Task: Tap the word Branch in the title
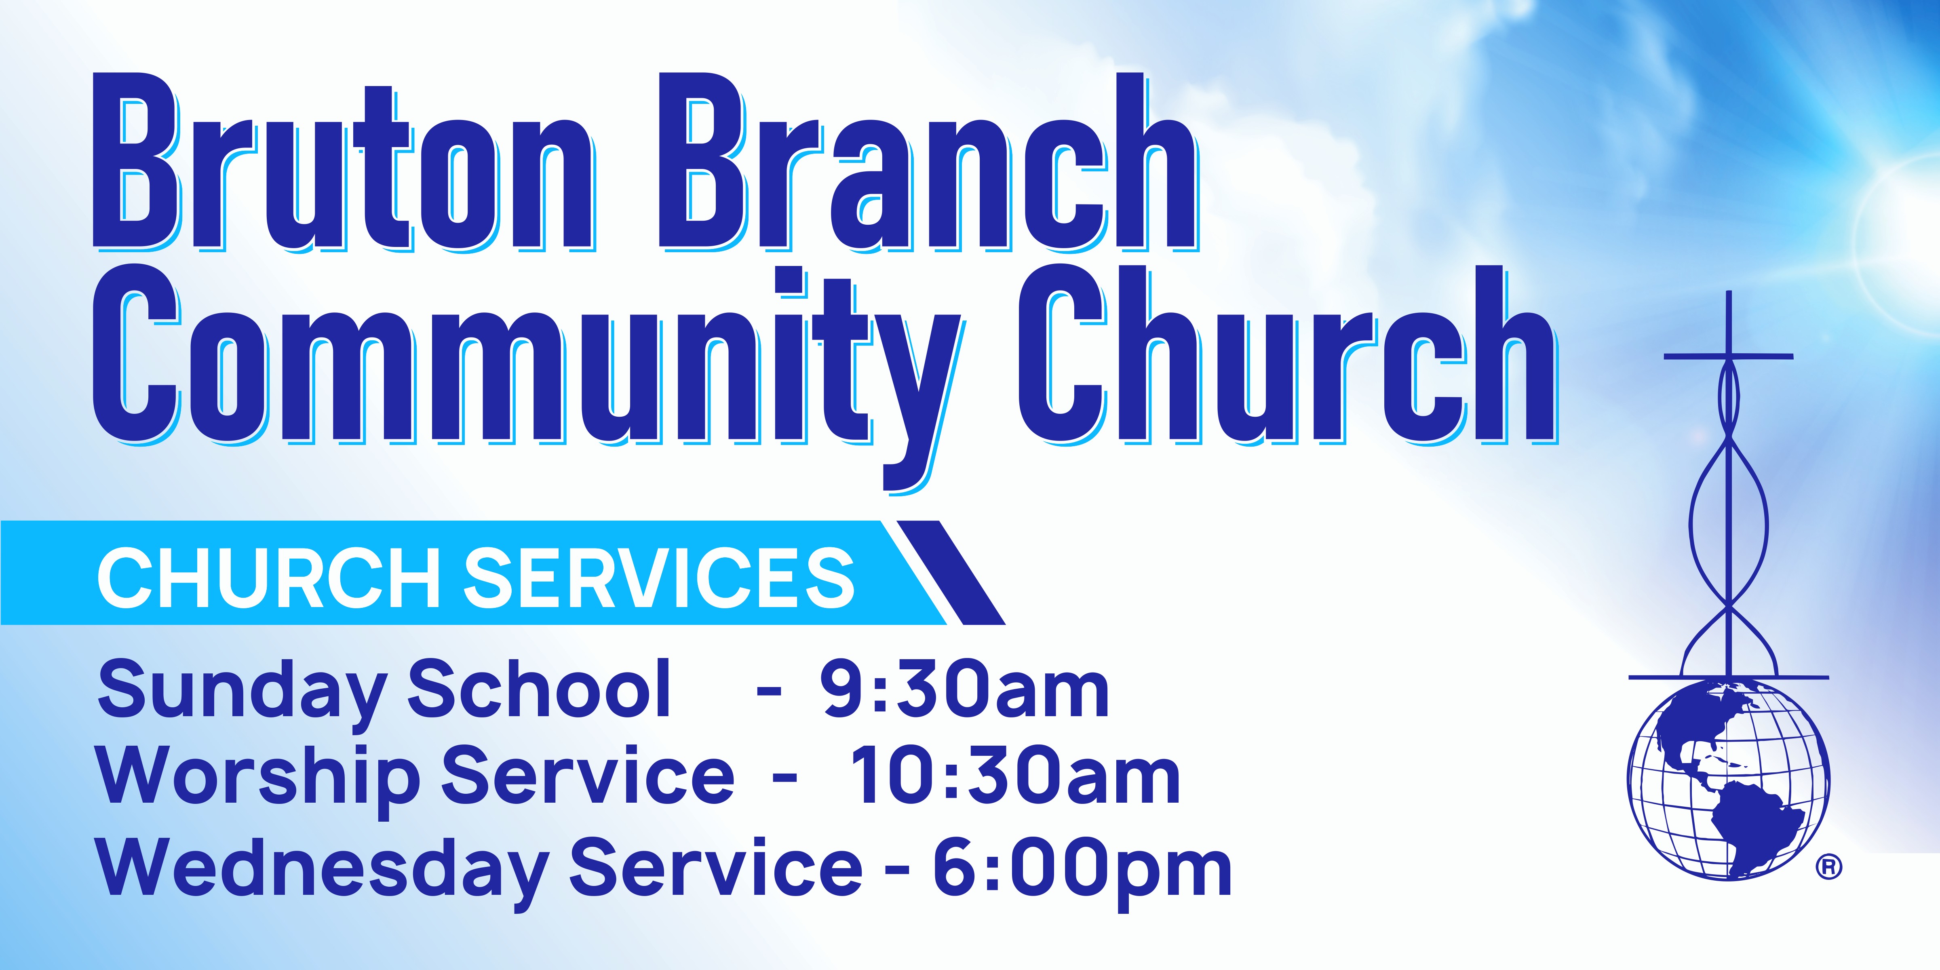(928, 162)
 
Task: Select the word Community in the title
(527, 369)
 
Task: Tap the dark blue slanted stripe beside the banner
(951, 572)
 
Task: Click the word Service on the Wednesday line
(715, 866)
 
